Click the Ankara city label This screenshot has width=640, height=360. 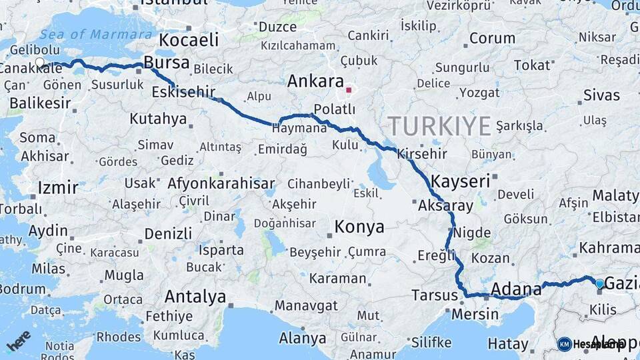coord(315,81)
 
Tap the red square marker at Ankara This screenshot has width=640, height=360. coord(349,89)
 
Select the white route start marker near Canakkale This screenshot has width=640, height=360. coord(39,63)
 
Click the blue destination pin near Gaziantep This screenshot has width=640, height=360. coord(599,284)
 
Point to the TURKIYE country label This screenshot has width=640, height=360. coord(439,126)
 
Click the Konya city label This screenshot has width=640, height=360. coord(359,227)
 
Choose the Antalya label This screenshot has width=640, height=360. coord(195,297)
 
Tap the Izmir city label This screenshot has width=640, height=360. coord(57,187)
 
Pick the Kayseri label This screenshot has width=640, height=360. coord(460,181)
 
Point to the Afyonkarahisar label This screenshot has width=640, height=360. coord(221,183)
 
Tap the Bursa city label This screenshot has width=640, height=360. coord(166,63)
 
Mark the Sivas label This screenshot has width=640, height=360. coord(601,95)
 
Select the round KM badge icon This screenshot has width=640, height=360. coord(564,344)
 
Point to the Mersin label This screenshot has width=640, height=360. coord(475,313)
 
